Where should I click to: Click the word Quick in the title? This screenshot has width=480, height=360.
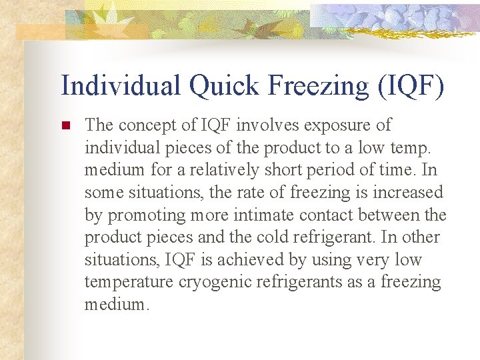click(218, 86)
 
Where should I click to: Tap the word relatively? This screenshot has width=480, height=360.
click(223, 170)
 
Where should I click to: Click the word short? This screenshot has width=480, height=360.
click(285, 170)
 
